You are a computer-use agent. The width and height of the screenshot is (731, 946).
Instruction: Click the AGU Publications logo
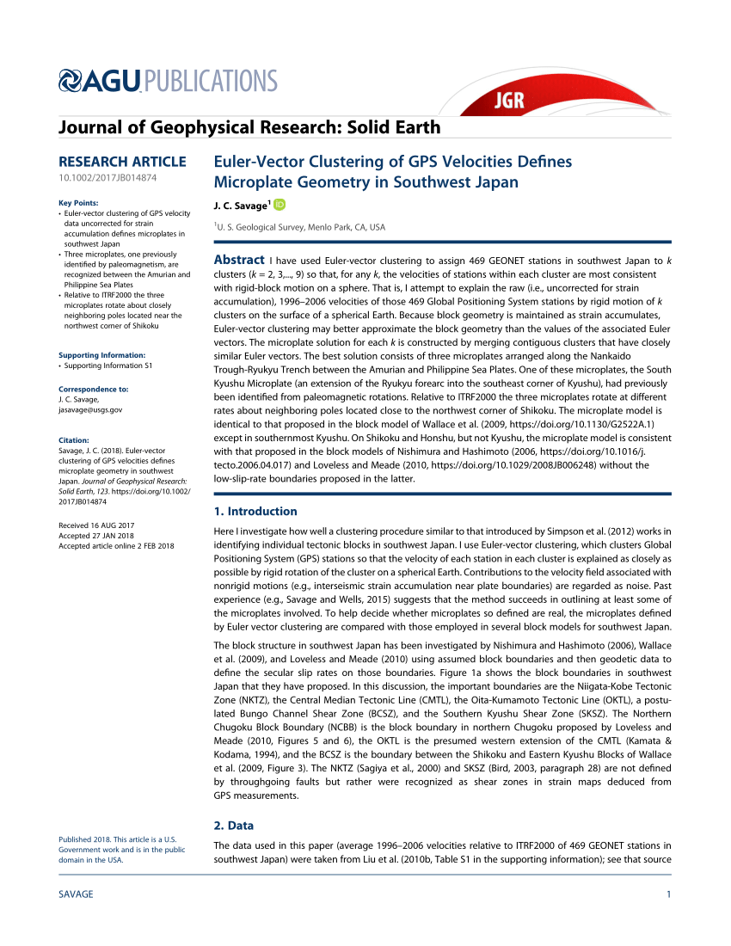pos(168,82)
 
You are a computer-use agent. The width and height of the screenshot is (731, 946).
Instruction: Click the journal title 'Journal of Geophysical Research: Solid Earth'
pos(249,128)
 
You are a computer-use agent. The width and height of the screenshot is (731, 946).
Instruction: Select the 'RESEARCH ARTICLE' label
pos(122,162)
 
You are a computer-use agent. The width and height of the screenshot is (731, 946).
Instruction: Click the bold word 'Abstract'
pos(238,261)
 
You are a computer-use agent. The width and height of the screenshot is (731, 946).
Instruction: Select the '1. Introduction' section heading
pos(255,511)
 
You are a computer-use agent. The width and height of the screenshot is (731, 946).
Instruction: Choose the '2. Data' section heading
pos(234,826)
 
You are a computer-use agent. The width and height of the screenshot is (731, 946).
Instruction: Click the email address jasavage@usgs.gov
pos(90,410)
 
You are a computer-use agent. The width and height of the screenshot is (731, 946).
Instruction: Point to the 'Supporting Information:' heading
pos(101,355)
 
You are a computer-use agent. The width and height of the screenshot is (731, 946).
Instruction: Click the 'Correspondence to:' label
pos(93,390)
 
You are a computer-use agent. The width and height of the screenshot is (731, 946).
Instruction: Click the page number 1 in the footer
pos(668,894)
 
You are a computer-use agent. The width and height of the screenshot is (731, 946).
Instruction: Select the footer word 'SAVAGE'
pos(76,894)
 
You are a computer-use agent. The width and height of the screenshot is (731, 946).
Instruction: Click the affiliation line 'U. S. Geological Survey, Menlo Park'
pos(301,227)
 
